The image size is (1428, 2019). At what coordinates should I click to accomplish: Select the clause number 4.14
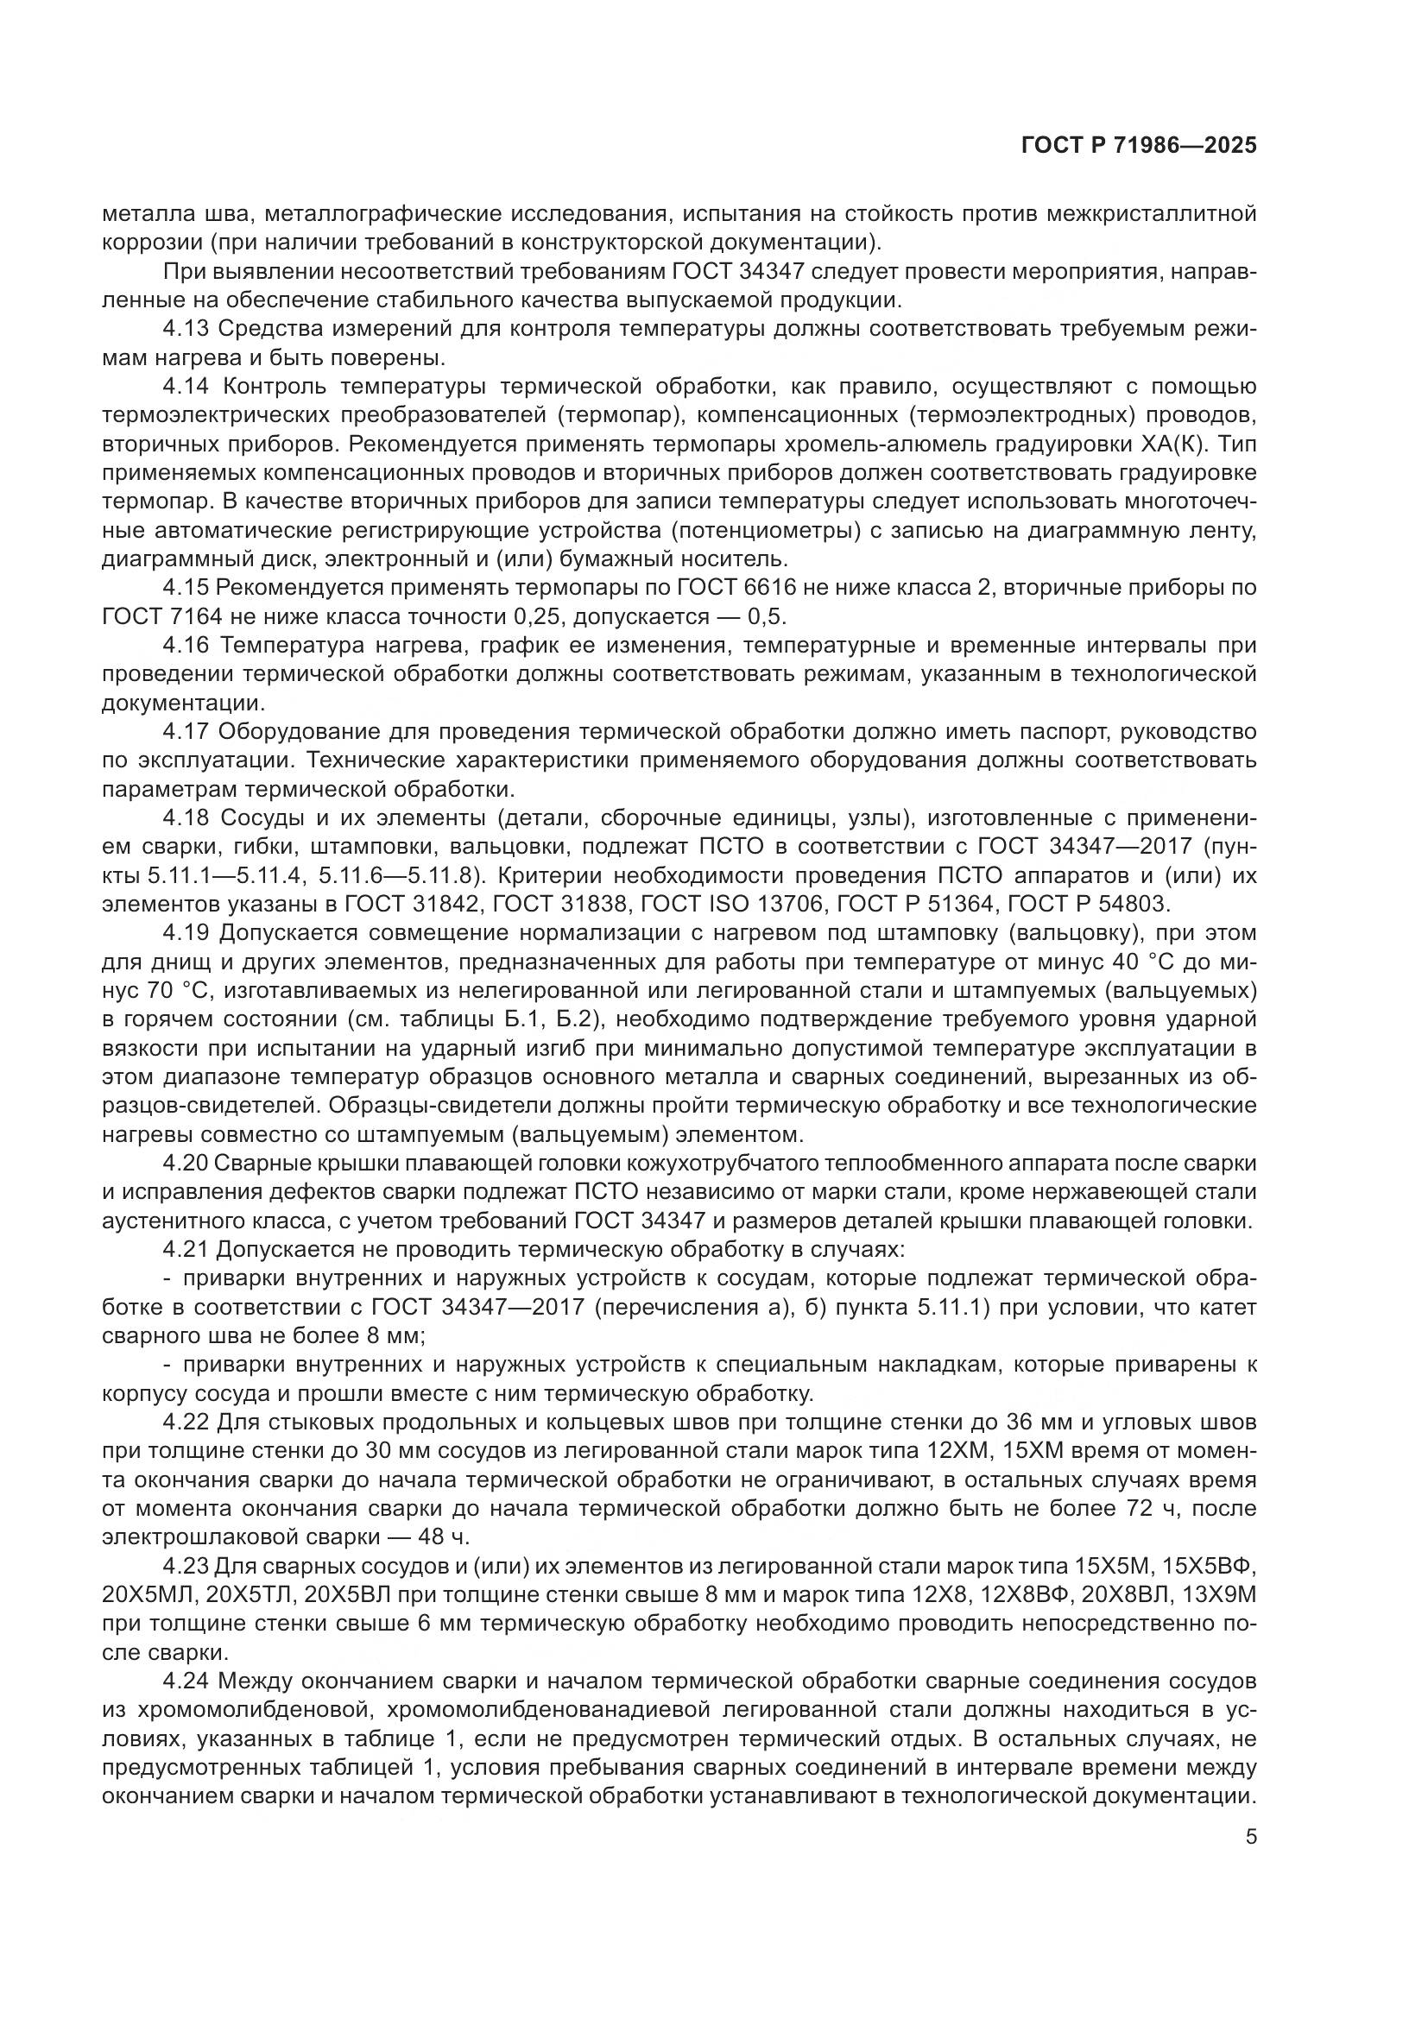point(186,386)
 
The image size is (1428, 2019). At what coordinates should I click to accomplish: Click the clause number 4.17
point(186,732)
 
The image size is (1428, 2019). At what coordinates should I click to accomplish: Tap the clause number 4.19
point(186,932)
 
